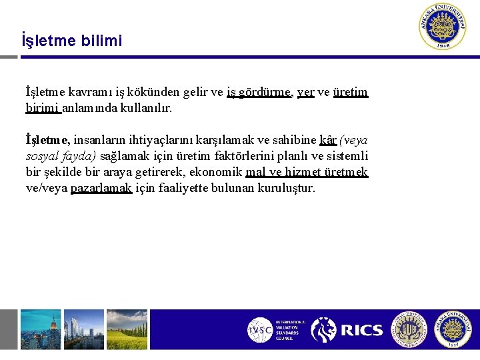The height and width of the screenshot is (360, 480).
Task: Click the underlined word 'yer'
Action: click(305, 92)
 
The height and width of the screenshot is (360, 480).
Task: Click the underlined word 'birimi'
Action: click(42, 107)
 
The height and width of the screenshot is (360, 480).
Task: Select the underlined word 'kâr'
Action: click(327, 141)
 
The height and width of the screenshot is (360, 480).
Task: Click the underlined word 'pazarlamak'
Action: click(101, 189)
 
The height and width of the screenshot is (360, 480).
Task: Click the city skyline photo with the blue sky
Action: click(40, 329)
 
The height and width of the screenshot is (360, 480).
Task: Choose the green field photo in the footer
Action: click(127, 329)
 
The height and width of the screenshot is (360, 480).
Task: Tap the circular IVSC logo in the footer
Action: click(260, 330)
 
